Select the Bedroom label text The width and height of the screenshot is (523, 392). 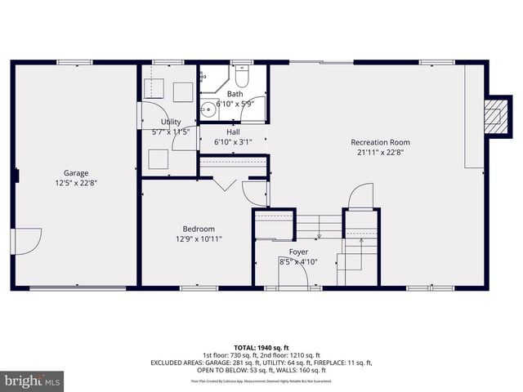(199, 229)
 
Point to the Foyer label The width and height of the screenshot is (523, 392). (298, 252)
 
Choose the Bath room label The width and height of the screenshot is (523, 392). (235, 95)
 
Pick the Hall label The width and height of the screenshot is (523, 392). (233, 132)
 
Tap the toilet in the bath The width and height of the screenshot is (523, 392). (241, 77)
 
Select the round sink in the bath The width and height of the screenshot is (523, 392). (208, 105)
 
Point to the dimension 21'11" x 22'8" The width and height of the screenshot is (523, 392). (380, 152)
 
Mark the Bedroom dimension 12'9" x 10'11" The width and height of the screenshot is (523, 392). (199, 238)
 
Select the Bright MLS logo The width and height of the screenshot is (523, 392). (33, 381)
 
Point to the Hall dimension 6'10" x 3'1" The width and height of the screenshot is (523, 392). (233, 142)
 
